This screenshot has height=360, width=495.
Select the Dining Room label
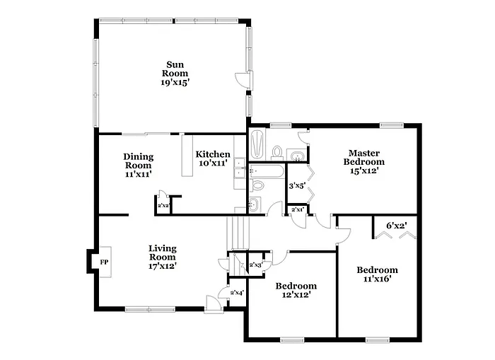(138, 161)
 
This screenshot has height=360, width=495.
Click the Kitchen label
(213, 154)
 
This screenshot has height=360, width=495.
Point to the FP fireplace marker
(104, 262)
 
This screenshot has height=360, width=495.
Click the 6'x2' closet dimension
(396, 226)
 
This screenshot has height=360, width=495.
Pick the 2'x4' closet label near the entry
(236, 292)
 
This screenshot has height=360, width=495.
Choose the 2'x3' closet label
(255, 265)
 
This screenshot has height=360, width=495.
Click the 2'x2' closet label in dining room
(163, 206)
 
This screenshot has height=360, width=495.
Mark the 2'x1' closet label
(298, 209)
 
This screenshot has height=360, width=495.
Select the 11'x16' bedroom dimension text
(376, 279)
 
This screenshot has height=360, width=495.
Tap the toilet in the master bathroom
(278, 152)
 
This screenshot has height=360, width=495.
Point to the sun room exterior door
(243, 81)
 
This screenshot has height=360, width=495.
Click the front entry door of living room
(211, 303)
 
